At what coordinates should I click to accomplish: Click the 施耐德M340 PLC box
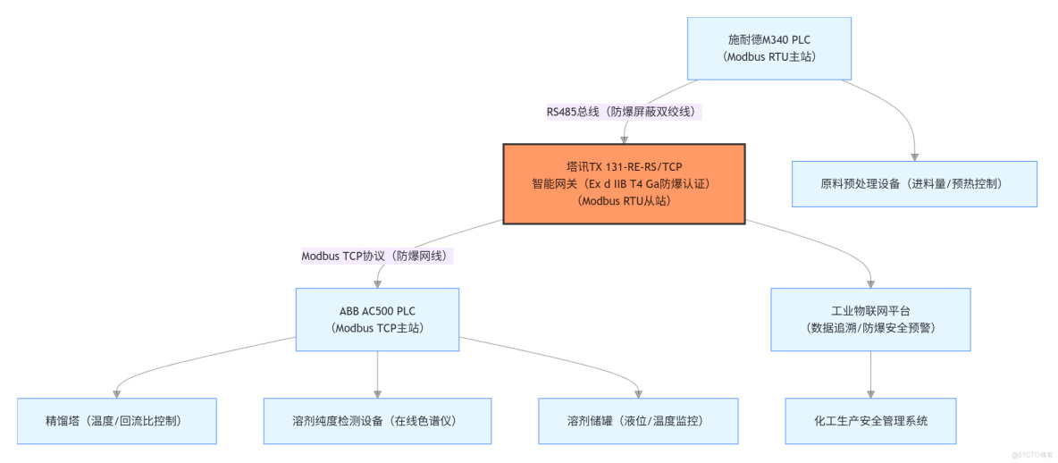pyautogui.click(x=769, y=48)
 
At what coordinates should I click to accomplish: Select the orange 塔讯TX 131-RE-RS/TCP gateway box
pyautogui.click(x=624, y=184)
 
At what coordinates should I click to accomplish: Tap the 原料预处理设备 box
pyautogui.click(x=914, y=184)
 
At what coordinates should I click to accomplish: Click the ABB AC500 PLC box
pyautogui.click(x=377, y=319)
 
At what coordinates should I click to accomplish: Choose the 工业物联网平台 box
pyautogui.click(x=870, y=319)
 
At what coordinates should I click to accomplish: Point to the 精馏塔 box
pyautogui.click(x=117, y=421)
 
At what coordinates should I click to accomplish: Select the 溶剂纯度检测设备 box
pyautogui.click(x=378, y=421)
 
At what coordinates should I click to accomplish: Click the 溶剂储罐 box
pyautogui.click(x=639, y=421)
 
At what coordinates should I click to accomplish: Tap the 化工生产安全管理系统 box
pyautogui.click(x=870, y=421)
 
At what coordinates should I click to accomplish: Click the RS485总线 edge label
pyautogui.click(x=624, y=112)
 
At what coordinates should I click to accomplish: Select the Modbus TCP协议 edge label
pyautogui.click(x=377, y=256)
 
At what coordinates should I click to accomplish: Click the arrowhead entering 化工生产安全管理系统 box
pyautogui.click(x=870, y=393)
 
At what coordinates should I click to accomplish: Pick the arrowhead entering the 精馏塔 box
pyautogui.click(x=117, y=393)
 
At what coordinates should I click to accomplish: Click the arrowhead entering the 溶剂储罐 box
pyautogui.click(x=639, y=393)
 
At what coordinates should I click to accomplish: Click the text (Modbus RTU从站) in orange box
pyautogui.click(x=624, y=201)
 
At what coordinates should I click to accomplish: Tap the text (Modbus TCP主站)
pyautogui.click(x=377, y=328)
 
